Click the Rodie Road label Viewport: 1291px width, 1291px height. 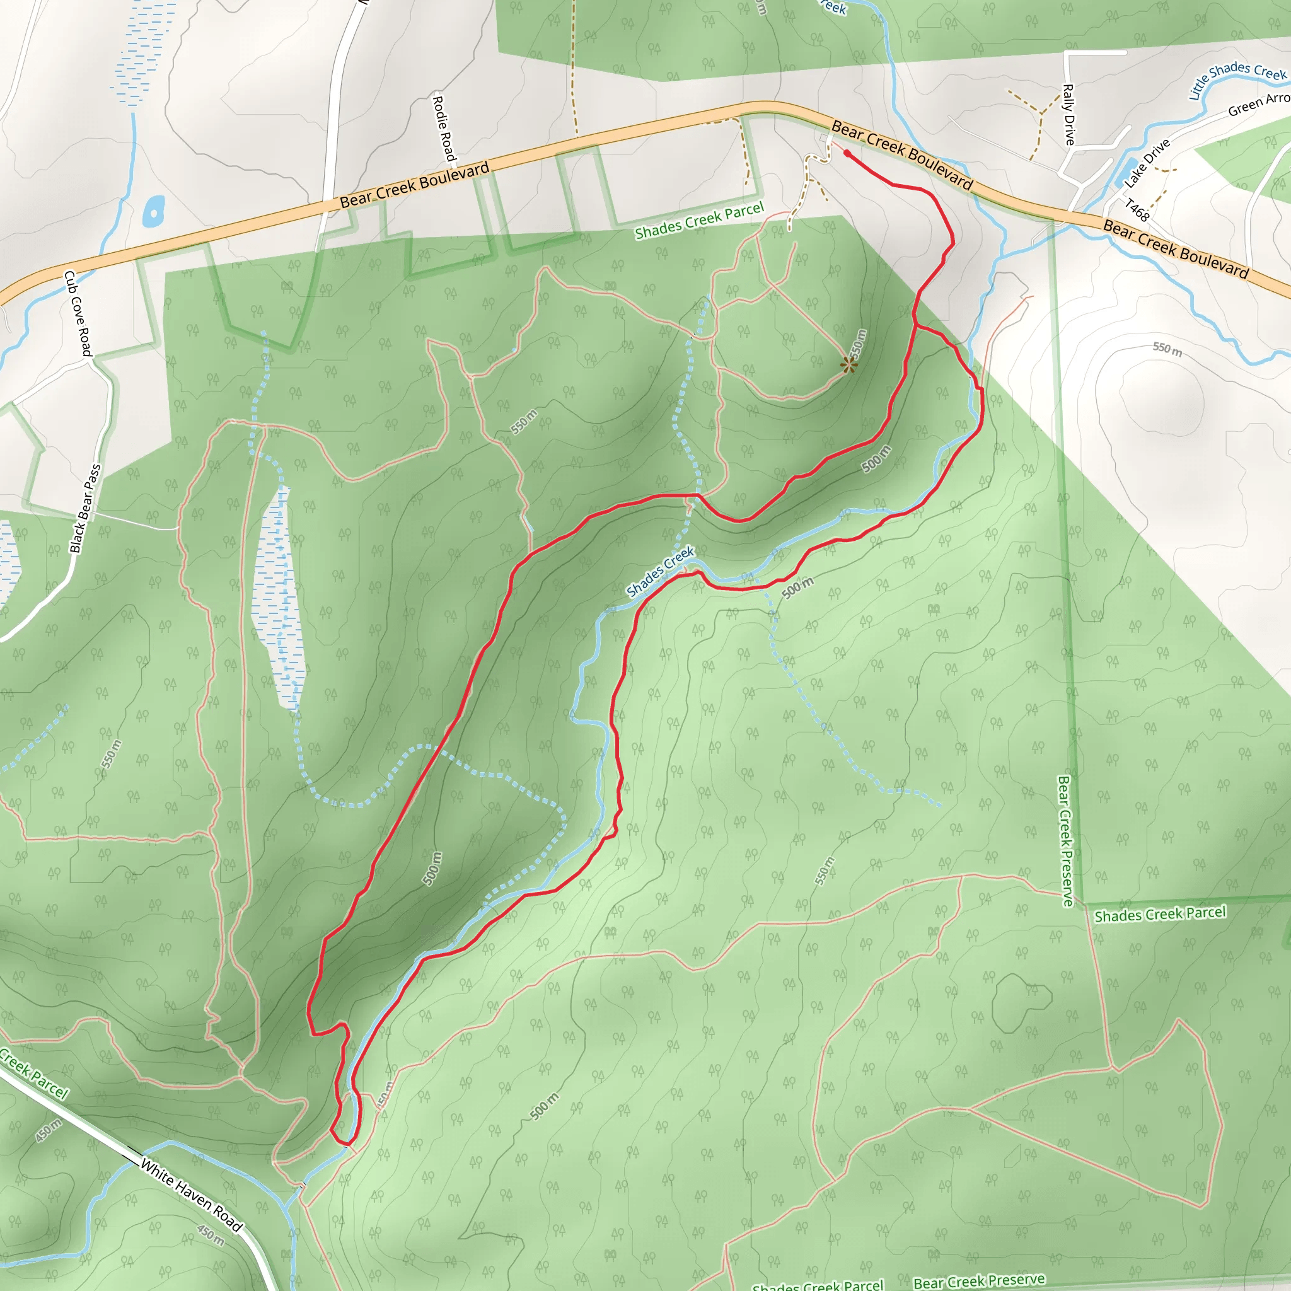(x=444, y=129)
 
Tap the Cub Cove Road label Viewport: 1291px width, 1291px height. (x=78, y=313)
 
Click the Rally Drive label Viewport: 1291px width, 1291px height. (x=1068, y=114)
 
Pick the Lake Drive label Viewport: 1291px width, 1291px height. (x=1147, y=163)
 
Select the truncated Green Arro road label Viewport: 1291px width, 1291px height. (x=1259, y=103)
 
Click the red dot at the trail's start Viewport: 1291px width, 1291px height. (x=847, y=153)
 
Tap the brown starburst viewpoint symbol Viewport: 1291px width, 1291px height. (x=848, y=365)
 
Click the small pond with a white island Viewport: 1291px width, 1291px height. (x=154, y=212)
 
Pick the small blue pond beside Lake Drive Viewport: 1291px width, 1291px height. (x=1124, y=171)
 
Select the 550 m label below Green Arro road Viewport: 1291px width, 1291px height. (x=1167, y=349)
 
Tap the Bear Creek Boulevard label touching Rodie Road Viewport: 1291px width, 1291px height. (x=414, y=184)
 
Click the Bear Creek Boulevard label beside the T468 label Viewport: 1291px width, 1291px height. (x=1176, y=248)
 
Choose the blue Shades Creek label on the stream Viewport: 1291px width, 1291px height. (x=660, y=571)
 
